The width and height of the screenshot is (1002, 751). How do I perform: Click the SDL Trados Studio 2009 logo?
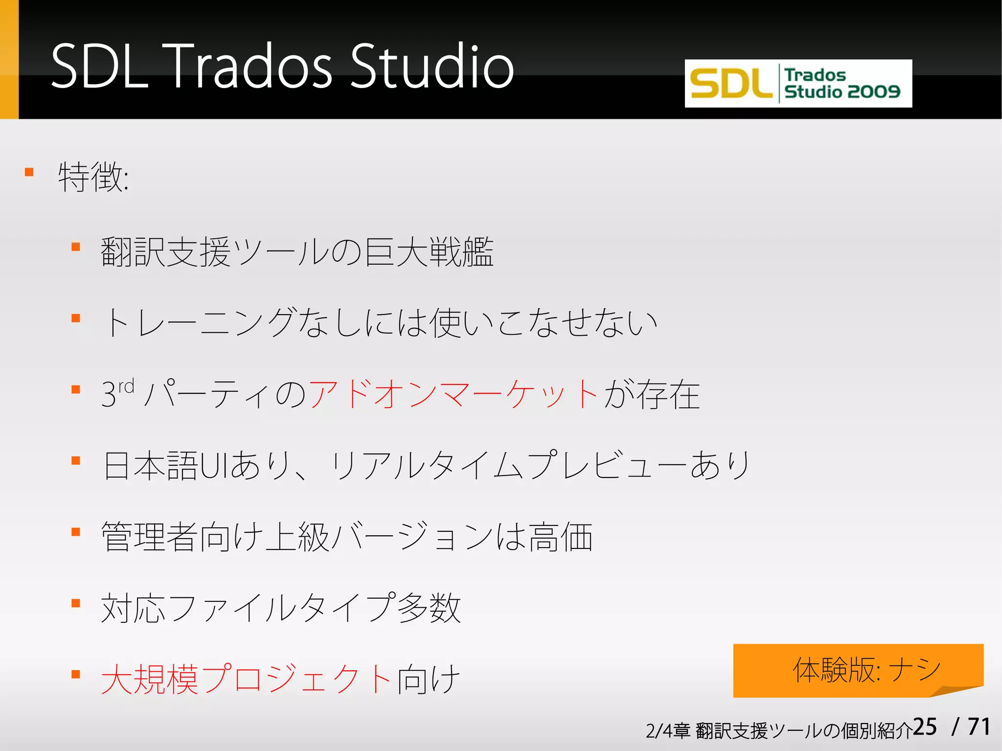click(x=798, y=84)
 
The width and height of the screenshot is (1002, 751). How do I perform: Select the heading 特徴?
click(x=93, y=177)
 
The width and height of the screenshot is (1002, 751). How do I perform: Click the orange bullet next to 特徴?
click(x=29, y=172)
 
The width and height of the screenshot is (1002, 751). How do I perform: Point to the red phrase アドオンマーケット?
click(x=453, y=394)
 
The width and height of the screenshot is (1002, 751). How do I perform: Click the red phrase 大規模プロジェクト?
click(x=246, y=679)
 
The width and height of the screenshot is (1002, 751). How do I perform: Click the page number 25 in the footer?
click(x=925, y=727)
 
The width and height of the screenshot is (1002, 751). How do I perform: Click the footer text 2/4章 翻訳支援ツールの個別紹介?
click(x=778, y=731)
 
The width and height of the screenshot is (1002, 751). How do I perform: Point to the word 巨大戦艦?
click(x=429, y=252)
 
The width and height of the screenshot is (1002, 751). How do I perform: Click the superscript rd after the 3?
click(x=126, y=387)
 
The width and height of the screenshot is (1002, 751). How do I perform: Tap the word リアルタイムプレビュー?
click(x=509, y=465)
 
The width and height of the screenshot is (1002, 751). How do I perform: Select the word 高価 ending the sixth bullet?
click(x=560, y=537)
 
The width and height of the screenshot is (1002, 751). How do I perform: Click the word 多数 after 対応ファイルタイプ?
click(x=429, y=608)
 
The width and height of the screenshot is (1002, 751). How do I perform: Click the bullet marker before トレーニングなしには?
click(x=76, y=319)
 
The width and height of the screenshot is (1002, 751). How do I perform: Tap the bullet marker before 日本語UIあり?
click(x=76, y=461)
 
